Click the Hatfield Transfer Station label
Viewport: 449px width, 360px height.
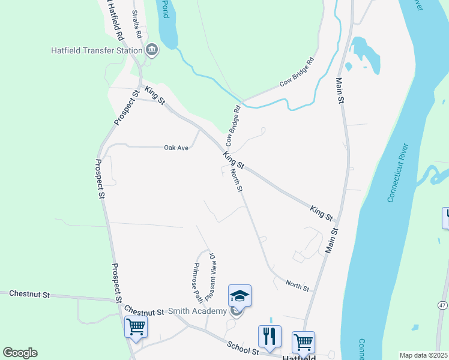tap(97, 50)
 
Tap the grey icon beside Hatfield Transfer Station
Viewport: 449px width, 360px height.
tap(152, 50)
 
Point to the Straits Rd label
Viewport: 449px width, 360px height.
tap(137, 24)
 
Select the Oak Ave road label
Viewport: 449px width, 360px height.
tap(176, 147)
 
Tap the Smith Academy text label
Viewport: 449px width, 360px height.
tap(197, 311)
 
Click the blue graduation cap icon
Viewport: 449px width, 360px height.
tap(239, 296)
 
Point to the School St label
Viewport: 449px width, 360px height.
tap(243, 347)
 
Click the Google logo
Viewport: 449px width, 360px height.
tap(20, 353)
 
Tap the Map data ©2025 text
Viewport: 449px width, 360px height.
tap(424, 355)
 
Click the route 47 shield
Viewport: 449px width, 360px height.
tap(442, 305)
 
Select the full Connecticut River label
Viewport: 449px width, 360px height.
tap(399, 172)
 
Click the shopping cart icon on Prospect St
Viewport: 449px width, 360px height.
tap(136, 328)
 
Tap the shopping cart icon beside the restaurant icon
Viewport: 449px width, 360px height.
tap(304, 342)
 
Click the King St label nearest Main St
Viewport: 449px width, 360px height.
tap(322, 212)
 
